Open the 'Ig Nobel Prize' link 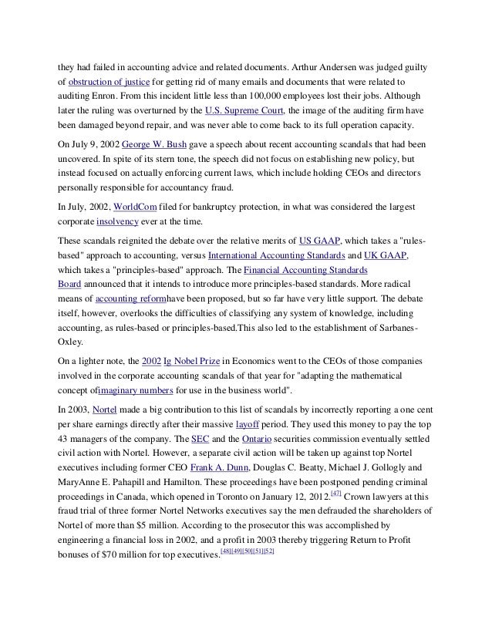click(x=190, y=360)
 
